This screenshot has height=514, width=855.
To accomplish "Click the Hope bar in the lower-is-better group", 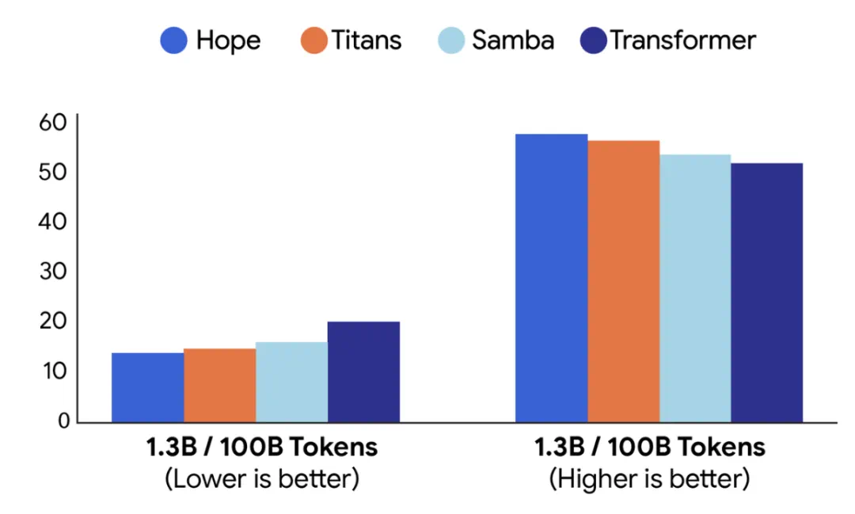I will pyautogui.click(x=147, y=387).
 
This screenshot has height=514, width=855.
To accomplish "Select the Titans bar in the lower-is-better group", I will pyautogui.click(x=219, y=385).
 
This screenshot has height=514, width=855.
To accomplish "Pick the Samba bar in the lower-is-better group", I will pyautogui.click(x=291, y=382).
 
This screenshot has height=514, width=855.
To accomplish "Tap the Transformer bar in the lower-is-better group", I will pyautogui.click(x=363, y=371).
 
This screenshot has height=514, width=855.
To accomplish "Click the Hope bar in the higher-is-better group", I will pyautogui.click(x=552, y=278).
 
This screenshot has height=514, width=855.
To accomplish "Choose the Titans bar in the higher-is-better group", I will pyautogui.click(x=623, y=281).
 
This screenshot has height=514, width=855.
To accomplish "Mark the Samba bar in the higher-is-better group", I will pyautogui.click(x=695, y=287).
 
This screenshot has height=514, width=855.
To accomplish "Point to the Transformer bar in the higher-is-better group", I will pyautogui.click(x=766, y=292).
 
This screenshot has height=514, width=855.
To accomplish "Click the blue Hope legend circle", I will pyautogui.click(x=173, y=40).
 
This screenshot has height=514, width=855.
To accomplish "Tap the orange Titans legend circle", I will pyautogui.click(x=314, y=40).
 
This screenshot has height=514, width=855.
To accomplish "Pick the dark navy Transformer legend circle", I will pyautogui.click(x=593, y=40).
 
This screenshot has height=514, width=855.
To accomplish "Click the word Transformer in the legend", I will pyautogui.click(x=682, y=40).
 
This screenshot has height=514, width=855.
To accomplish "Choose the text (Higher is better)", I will pyautogui.click(x=649, y=479).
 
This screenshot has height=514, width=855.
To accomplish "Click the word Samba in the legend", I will pyautogui.click(x=513, y=40).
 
